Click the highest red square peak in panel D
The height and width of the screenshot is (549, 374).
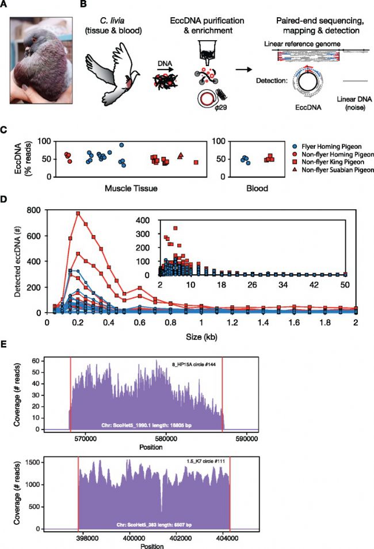coord(78,213)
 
